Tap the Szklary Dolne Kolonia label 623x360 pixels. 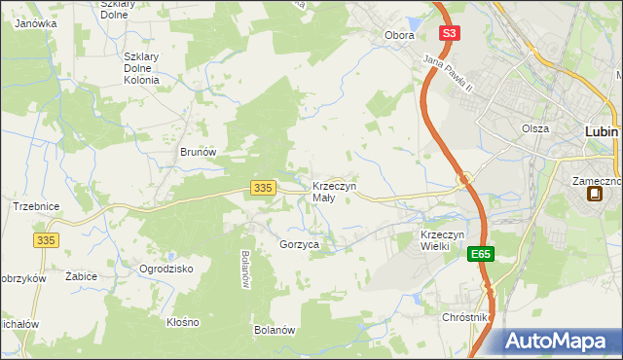click(141, 68)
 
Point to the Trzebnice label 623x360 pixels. click(36, 206)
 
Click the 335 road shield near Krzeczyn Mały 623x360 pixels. click(261, 188)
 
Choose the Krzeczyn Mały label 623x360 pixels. click(334, 191)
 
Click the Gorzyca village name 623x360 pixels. click(299, 245)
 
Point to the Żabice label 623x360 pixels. click(81, 276)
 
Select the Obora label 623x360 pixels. click(399, 35)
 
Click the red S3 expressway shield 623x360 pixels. click(448, 33)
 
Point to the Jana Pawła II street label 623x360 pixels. click(447, 75)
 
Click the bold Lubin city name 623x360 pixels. click(604, 130)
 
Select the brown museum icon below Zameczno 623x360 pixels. click(595, 194)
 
